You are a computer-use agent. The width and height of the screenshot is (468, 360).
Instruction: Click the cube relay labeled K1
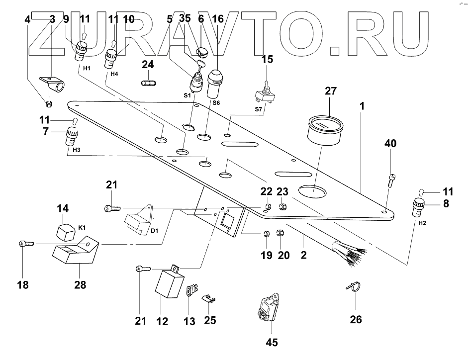tap(64, 230)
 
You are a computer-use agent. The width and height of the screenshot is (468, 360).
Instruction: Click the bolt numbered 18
tap(26, 244)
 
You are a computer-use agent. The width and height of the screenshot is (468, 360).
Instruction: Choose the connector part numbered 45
tap(270, 307)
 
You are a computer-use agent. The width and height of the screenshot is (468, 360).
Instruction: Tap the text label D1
tap(155, 231)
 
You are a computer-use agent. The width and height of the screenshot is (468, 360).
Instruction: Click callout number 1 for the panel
tap(363, 106)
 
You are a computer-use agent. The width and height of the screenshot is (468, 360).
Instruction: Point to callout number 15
tap(268, 59)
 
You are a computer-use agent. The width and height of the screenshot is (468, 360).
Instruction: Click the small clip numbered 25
tap(210, 299)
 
